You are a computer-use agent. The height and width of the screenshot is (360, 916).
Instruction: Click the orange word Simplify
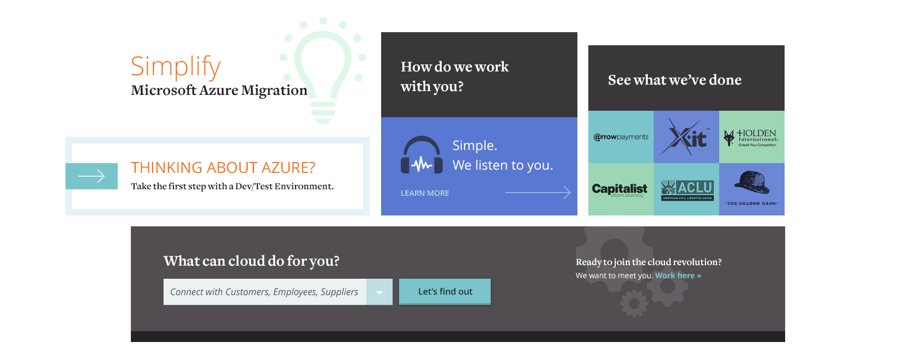point(176,67)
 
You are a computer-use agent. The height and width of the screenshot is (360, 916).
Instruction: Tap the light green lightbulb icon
point(323,71)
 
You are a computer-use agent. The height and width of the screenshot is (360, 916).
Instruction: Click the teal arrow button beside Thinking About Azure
point(92,176)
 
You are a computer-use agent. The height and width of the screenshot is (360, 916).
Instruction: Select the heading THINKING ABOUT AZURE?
point(223,167)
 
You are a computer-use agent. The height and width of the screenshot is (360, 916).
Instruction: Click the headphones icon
point(421,155)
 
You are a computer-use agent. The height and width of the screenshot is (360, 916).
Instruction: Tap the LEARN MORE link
point(425,193)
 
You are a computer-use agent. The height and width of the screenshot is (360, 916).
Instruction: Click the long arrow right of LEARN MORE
point(538,193)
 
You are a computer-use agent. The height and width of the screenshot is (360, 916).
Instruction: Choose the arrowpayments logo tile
point(621,137)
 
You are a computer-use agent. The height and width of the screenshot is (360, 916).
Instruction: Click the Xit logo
point(686,137)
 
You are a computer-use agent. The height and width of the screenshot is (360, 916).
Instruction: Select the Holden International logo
point(752,137)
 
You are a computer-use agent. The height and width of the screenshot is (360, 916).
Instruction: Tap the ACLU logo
point(687,190)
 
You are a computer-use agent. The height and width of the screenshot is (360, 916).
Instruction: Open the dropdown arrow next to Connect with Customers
point(379,292)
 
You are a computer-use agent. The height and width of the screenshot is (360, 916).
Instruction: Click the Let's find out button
point(445,292)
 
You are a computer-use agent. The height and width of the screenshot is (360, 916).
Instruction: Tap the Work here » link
point(678,275)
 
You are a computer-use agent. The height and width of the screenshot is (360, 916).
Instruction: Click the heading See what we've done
point(674,80)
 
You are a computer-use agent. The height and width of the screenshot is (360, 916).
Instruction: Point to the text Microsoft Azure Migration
point(219,91)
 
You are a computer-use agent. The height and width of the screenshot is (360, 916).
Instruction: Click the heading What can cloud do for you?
point(251,261)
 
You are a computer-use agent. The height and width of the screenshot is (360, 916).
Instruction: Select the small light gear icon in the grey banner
point(634,303)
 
